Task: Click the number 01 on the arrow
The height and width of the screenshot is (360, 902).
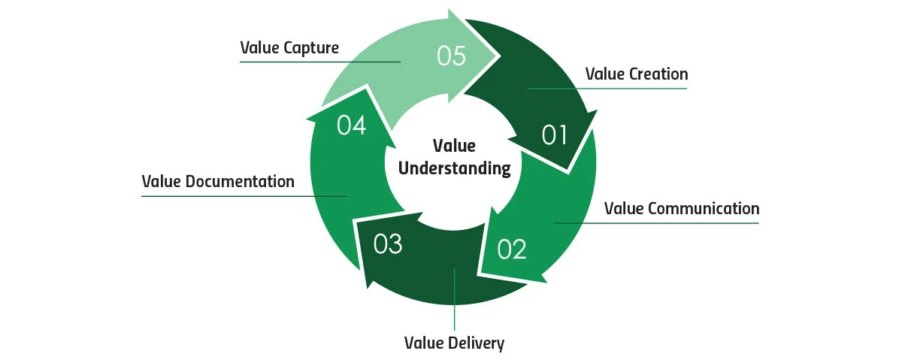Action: tap(554, 135)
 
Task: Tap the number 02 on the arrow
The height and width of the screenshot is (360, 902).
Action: tap(511, 250)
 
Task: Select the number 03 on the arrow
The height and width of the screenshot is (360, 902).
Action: tap(388, 245)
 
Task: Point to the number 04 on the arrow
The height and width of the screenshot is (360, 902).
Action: tap(351, 126)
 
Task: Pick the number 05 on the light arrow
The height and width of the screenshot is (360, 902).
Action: tap(452, 57)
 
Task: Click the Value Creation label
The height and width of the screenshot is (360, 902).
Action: tap(636, 74)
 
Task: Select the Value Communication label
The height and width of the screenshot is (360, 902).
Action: tap(682, 208)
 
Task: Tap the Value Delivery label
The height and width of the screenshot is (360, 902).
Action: tap(454, 343)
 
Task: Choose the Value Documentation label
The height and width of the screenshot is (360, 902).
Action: tap(218, 182)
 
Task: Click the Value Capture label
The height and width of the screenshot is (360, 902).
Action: tap(289, 48)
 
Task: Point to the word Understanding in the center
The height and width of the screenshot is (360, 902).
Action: tap(454, 168)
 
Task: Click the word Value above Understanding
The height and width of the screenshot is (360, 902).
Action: tap(454, 146)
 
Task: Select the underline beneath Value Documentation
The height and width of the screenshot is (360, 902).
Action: tap(225, 196)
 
